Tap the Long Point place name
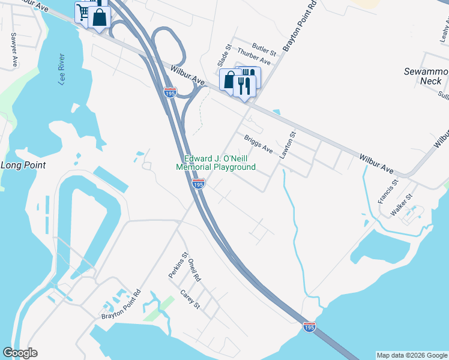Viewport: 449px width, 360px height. click(x=24, y=165)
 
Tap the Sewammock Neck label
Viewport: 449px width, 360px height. click(x=426, y=76)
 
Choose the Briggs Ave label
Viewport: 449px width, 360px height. click(x=259, y=143)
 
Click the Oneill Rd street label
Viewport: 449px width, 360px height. click(x=194, y=271)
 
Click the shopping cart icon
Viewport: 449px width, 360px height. click(x=83, y=12)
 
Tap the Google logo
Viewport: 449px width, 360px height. click(x=20, y=353)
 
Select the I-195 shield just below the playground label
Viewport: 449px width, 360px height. click(x=199, y=184)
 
